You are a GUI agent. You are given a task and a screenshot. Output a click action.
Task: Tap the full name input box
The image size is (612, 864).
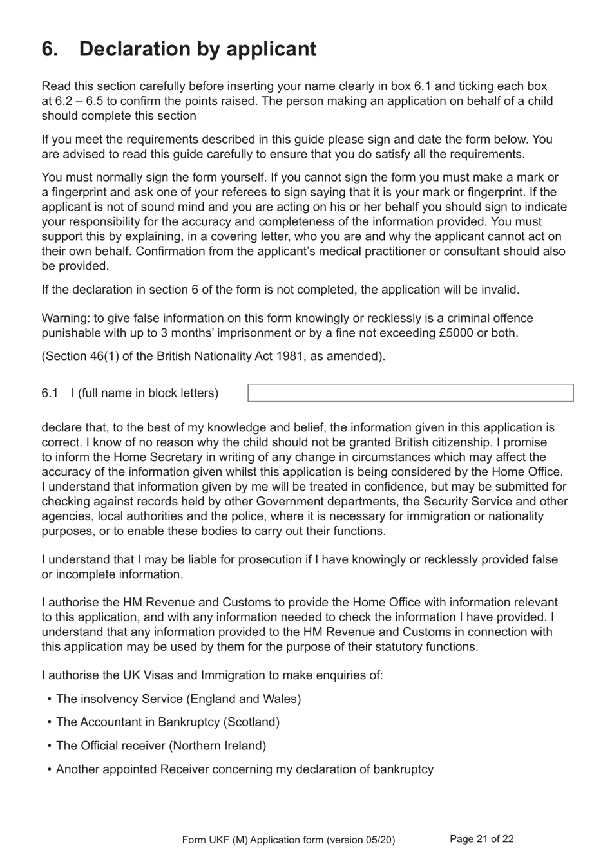tap(410, 393)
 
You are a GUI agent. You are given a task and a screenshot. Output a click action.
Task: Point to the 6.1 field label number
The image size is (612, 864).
tap(50, 393)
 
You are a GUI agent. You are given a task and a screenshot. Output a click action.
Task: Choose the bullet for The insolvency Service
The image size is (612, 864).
tap(50, 699)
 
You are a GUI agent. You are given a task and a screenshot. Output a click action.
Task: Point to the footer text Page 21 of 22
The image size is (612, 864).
tap(482, 839)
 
